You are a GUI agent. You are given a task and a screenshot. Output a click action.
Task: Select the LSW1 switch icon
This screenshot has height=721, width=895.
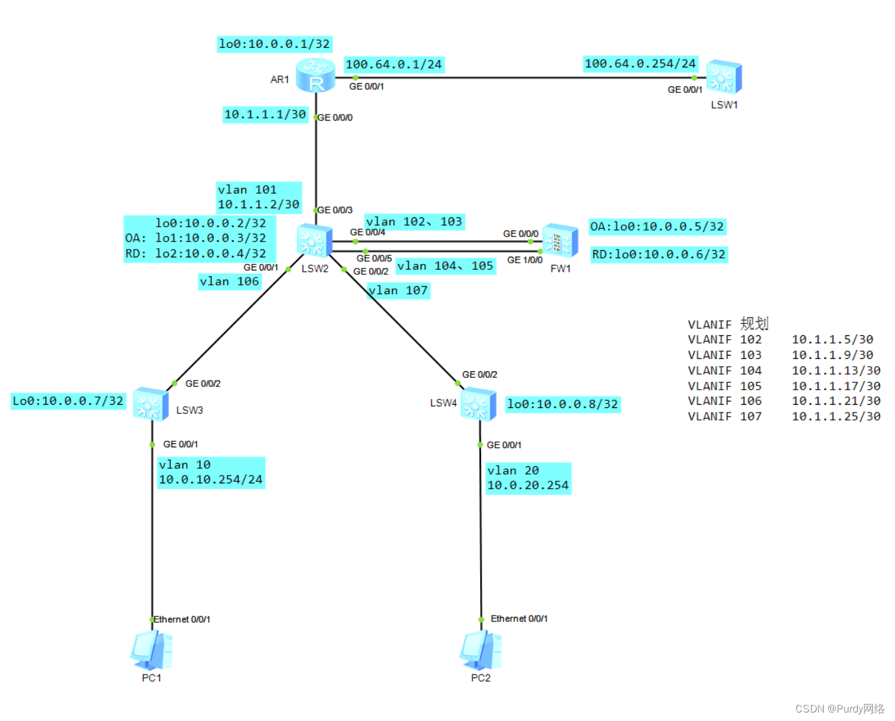click(x=724, y=77)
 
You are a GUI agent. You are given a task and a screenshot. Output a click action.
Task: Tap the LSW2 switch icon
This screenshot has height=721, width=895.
click(x=314, y=240)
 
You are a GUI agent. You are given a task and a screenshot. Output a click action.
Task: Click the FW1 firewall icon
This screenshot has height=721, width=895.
click(x=560, y=241)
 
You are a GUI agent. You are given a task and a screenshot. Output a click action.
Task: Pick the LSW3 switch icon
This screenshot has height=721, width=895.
click(x=151, y=404)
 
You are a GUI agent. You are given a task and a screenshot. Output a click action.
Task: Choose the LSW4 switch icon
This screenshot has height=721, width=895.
click(x=478, y=404)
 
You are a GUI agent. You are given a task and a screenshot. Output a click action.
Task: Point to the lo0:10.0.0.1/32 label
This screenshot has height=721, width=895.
click(x=275, y=44)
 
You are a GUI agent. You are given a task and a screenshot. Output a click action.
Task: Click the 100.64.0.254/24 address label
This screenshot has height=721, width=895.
click(x=640, y=64)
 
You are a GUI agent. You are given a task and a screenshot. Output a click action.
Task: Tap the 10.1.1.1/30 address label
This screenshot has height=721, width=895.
click(x=265, y=115)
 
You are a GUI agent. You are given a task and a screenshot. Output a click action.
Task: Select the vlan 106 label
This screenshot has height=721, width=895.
click(x=229, y=282)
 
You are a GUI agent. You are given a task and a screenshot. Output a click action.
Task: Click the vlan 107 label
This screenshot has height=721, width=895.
click(x=398, y=290)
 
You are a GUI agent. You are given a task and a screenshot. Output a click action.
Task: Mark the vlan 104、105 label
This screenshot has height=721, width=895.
click(x=446, y=266)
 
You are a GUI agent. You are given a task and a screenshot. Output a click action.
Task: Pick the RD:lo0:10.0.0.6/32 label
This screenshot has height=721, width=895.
click(x=658, y=254)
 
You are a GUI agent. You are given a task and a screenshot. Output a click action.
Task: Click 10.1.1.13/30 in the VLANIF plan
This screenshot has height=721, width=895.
click(x=836, y=371)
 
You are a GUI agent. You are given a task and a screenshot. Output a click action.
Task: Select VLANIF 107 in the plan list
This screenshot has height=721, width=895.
click(x=725, y=416)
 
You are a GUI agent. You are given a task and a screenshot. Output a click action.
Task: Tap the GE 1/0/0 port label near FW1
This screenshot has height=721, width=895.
click(x=525, y=260)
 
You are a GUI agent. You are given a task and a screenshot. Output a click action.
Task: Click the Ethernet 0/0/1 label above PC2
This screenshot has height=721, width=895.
click(x=519, y=619)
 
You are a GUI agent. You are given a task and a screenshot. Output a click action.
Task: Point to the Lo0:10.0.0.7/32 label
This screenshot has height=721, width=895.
click(x=68, y=401)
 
